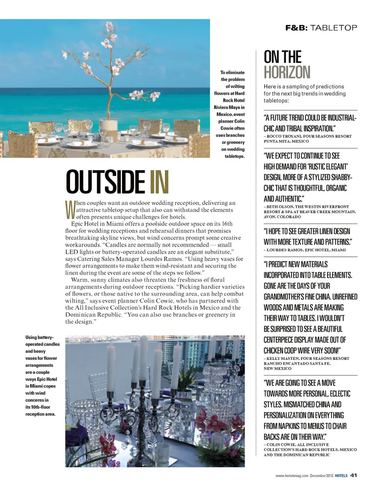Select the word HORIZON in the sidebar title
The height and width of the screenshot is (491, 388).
point(287,72)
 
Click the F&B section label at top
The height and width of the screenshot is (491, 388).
point(297,28)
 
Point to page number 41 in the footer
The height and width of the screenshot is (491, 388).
point(353,475)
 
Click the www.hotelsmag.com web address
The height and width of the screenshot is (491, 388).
point(292,475)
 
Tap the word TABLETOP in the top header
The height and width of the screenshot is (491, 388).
point(334,28)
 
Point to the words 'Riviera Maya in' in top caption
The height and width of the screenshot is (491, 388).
point(230,107)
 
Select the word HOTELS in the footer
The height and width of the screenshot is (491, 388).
point(341,475)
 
